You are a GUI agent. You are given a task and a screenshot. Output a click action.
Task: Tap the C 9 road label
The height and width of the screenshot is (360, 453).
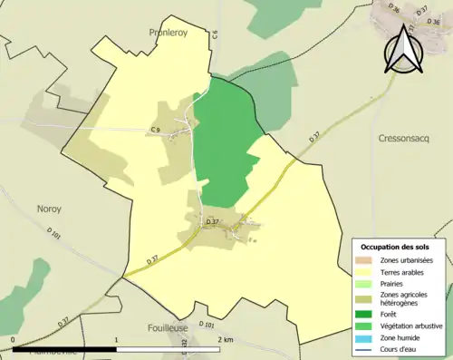156,130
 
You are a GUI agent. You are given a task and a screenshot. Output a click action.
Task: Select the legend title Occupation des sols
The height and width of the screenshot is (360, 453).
397,247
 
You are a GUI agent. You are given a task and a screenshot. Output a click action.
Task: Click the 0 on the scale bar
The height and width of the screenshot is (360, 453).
14,340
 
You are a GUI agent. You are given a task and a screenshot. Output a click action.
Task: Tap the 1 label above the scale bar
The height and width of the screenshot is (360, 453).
116,340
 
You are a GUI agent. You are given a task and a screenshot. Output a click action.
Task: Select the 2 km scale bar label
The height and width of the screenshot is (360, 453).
226,340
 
